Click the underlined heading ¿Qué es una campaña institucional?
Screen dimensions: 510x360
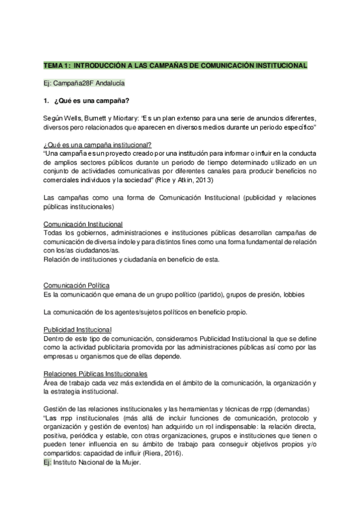pos(97,145)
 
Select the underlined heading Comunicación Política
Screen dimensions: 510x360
pos(76,284)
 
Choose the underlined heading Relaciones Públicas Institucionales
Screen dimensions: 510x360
pos(96,374)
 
